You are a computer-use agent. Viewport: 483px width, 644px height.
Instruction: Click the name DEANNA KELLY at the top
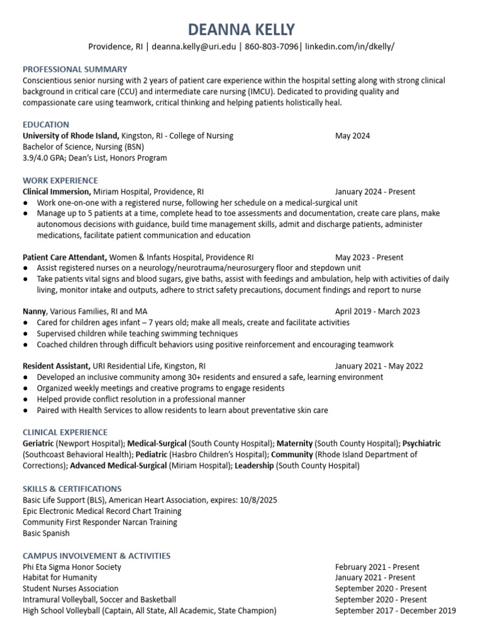pyautogui.click(x=241, y=29)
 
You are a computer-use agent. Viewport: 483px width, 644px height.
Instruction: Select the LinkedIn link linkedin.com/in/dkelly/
pyautogui.click(x=350, y=47)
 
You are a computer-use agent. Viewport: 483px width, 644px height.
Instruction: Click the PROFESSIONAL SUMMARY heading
pyautogui.click(x=75, y=69)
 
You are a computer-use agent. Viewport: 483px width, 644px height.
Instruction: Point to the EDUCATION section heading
pyautogui.click(x=46, y=125)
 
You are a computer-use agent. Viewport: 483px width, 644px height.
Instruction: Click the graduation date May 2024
pyautogui.click(x=352, y=136)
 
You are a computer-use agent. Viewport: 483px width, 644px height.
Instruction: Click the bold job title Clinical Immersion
pyautogui.click(x=57, y=191)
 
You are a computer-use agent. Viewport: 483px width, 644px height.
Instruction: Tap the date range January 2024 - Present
pyautogui.click(x=375, y=191)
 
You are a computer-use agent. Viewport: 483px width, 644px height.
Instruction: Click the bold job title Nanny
pyautogui.click(x=35, y=311)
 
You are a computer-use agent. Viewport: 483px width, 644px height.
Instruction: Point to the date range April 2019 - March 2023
pyautogui.click(x=377, y=311)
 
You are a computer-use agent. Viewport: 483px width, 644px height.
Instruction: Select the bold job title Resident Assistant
pyautogui.click(x=57, y=366)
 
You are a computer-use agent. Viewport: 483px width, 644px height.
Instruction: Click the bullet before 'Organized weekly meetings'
pyautogui.click(x=25, y=389)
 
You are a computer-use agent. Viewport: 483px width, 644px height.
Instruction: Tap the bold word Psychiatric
pyautogui.click(x=421, y=443)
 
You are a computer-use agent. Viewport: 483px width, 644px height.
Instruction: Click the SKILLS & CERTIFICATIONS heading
pyautogui.click(x=72, y=489)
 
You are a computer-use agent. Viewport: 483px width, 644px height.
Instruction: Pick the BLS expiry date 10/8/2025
pyautogui.click(x=257, y=500)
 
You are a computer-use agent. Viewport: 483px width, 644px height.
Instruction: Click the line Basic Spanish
pyautogui.click(x=46, y=533)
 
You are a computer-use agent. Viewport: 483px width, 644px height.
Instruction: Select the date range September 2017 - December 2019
pyautogui.click(x=396, y=611)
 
